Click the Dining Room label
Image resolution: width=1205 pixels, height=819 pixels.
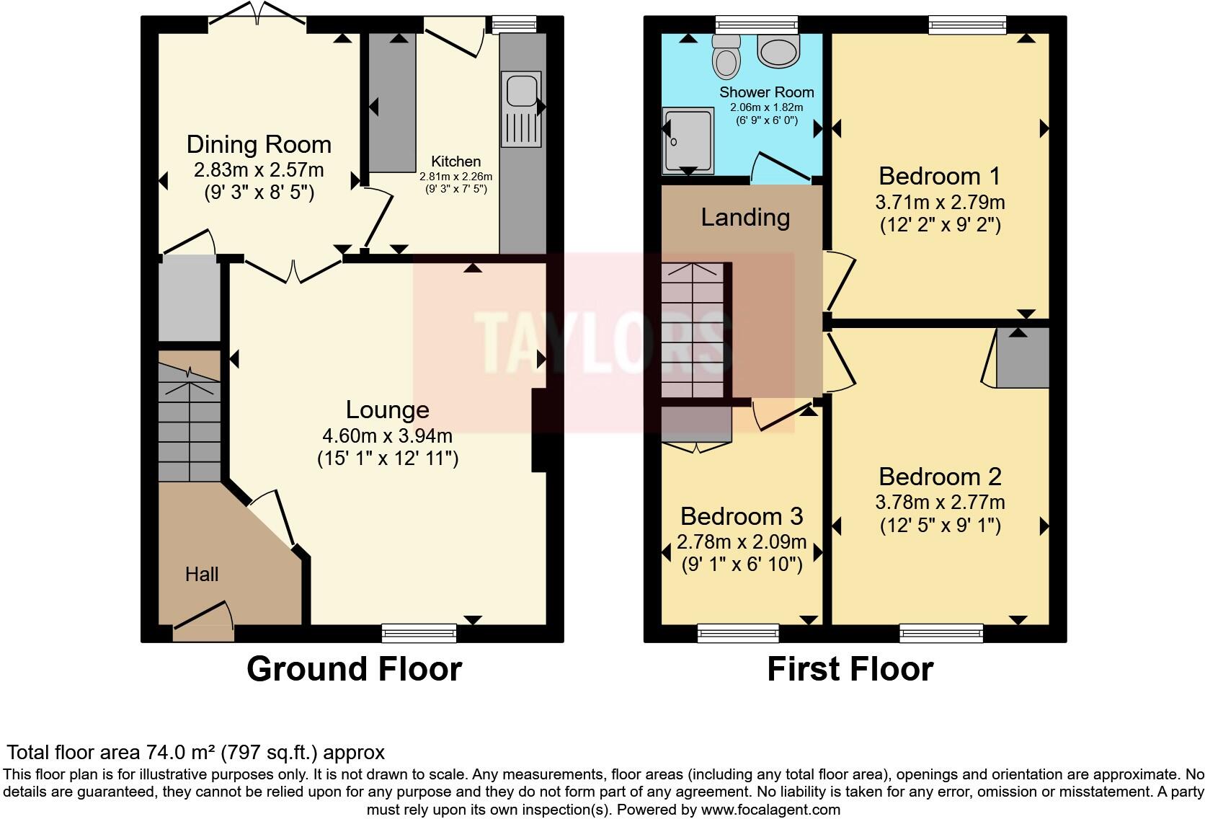click(x=259, y=144)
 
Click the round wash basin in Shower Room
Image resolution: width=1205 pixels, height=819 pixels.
click(x=778, y=51)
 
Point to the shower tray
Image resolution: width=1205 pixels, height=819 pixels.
click(x=688, y=141)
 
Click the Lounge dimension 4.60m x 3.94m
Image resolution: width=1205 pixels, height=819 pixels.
click(x=388, y=435)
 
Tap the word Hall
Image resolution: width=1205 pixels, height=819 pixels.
click(x=202, y=574)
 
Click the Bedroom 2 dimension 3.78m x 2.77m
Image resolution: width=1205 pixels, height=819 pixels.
click(x=940, y=502)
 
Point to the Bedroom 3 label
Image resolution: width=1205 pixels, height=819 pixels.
click(x=742, y=516)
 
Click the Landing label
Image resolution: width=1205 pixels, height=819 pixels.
click(x=745, y=217)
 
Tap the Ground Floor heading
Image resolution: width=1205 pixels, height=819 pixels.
click(x=354, y=668)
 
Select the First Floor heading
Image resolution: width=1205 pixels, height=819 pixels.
click(x=850, y=668)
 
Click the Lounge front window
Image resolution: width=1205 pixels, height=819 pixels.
click(x=419, y=633)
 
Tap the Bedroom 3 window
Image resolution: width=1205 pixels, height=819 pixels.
click(x=738, y=633)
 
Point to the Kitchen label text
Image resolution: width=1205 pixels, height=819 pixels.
click(x=455, y=161)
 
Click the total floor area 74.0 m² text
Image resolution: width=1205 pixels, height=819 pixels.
click(x=195, y=753)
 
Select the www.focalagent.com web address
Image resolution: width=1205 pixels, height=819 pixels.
click(x=770, y=809)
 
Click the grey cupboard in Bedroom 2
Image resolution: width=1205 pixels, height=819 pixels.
click(x=1022, y=358)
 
